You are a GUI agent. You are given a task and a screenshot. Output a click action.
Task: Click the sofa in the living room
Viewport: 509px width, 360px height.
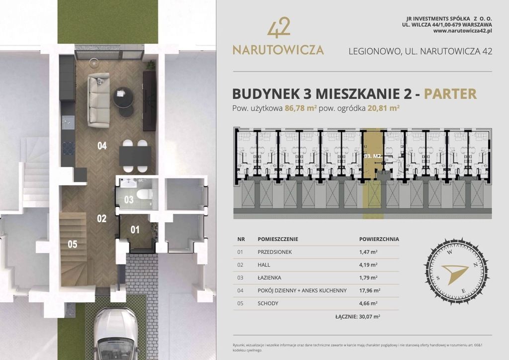98,100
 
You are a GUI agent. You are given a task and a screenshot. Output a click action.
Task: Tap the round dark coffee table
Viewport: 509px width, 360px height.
123,97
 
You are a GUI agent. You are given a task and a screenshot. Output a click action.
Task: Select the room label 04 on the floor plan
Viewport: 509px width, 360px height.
102,146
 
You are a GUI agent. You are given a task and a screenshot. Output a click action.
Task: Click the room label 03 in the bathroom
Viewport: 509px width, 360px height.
129,200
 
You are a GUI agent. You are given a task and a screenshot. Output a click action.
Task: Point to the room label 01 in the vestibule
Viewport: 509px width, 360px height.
135,230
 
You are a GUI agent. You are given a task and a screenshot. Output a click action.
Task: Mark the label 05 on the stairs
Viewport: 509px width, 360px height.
73,244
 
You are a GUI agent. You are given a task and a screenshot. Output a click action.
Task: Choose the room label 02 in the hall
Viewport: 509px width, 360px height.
101,218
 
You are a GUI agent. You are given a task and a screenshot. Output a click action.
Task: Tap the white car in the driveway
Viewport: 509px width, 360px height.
115,334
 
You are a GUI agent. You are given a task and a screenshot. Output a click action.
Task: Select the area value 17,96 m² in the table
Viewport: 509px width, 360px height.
369,290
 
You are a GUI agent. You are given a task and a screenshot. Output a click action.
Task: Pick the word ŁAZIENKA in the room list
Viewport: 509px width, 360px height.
272,277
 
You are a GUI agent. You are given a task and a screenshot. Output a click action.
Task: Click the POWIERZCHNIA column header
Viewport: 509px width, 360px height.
379,239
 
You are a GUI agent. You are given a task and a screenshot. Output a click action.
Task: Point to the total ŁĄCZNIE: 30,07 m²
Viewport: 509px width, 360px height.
358,316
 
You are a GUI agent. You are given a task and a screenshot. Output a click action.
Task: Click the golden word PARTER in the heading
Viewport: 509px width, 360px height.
450,94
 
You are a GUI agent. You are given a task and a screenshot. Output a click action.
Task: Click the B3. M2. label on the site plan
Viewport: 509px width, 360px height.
372,156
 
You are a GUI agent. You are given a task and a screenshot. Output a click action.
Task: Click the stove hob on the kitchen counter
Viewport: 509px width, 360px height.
68,148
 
